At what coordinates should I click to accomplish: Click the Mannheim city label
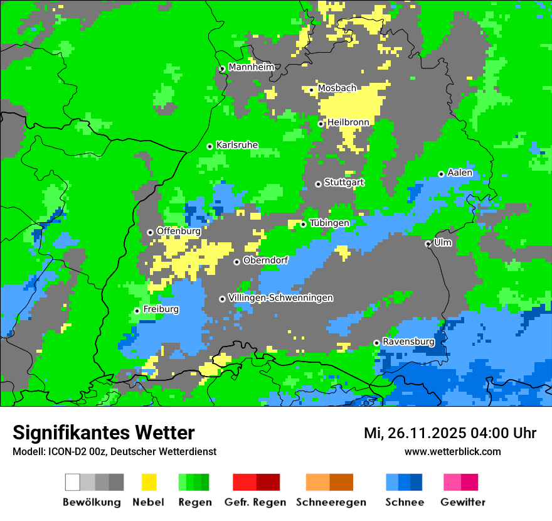pyautogui.click(x=251, y=67)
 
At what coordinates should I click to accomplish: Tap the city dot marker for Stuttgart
pyautogui.click(x=318, y=184)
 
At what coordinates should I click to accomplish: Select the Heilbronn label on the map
pyautogui.click(x=348, y=122)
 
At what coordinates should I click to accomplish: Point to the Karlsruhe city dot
pyautogui.click(x=210, y=146)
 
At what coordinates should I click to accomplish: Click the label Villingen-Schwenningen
pyautogui.click(x=280, y=298)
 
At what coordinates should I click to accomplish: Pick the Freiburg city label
pyautogui.click(x=161, y=309)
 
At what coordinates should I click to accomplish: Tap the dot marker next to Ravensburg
pyautogui.click(x=376, y=343)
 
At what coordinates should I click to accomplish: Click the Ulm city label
pyautogui.click(x=442, y=242)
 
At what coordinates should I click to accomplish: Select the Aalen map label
pyautogui.click(x=460, y=173)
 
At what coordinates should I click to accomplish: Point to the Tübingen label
pyautogui.click(x=329, y=223)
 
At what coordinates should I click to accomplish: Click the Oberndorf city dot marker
pyautogui.click(x=236, y=262)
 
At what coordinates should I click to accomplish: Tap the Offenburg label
pyautogui.click(x=178, y=231)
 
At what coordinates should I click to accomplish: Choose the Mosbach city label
pyautogui.click(x=337, y=89)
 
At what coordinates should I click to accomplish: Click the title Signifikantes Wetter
pyautogui.click(x=103, y=432)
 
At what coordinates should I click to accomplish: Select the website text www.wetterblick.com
pyautogui.click(x=452, y=451)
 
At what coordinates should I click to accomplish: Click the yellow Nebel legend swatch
pyautogui.click(x=149, y=482)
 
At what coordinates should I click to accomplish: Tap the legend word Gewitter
pyautogui.click(x=463, y=502)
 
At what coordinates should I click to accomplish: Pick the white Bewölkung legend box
pyautogui.click(x=73, y=482)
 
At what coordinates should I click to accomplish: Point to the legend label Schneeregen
pyautogui.click(x=331, y=502)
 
